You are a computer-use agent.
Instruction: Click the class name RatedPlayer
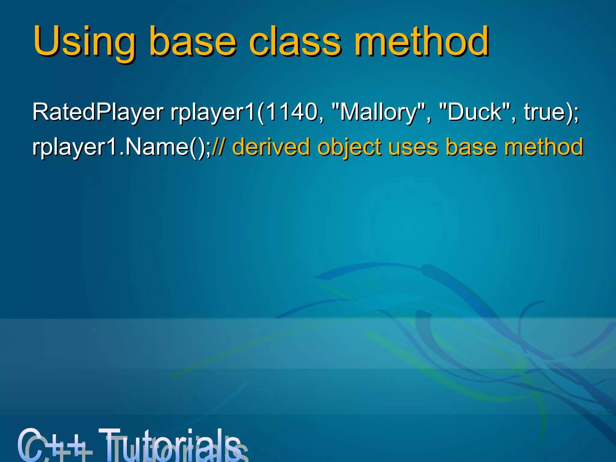coord(98,112)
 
